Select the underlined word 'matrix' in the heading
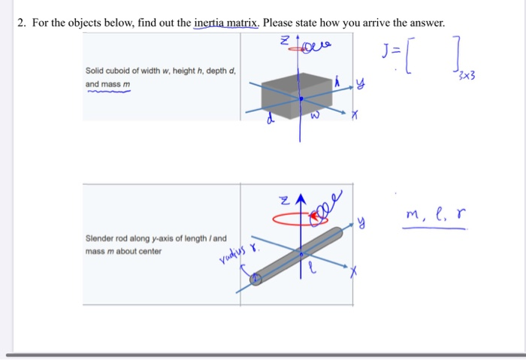pos(243,23)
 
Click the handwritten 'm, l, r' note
pos(434,217)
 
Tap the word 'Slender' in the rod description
pos(99,239)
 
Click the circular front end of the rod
pos(256,279)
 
